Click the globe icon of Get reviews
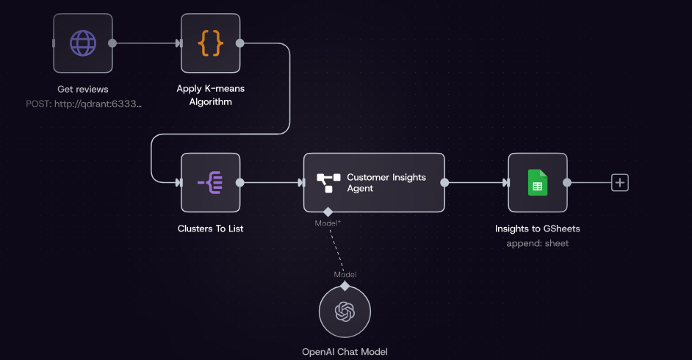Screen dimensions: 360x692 point(83,43)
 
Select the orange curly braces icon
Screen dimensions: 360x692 point(211,43)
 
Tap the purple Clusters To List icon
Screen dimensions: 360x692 point(211,182)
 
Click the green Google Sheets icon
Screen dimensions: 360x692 point(538,182)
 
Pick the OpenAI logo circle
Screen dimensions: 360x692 point(345,312)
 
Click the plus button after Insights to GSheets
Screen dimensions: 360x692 point(620,182)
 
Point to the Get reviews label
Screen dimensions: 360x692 point(83,90)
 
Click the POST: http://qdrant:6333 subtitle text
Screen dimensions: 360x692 point(83,104)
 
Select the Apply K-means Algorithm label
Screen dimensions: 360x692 point(211,96)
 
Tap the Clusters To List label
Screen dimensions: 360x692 point(211,228)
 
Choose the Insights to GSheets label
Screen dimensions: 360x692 point(538,228)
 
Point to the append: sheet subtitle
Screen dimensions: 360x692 point(538,243)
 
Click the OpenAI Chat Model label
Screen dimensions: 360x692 point(345,352)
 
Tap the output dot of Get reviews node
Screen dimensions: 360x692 point(112,43)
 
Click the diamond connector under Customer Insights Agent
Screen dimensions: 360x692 point(328,212)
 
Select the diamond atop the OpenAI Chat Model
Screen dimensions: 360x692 point(345,285)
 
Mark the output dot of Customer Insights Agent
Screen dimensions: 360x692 point(445,182)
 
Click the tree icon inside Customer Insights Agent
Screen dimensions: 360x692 point(328,183)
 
